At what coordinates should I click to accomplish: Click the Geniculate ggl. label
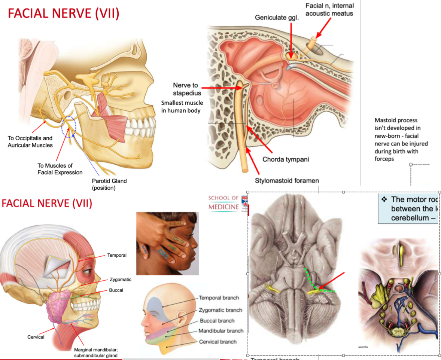point(277,18)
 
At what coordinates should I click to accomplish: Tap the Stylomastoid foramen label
point(287,181)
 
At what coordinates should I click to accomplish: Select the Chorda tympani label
point(286,159)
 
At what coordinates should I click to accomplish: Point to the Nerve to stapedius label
point(185,89)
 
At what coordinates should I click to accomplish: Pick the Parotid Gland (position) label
point(109,184)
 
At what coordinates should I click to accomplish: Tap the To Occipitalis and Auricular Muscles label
point(30,142)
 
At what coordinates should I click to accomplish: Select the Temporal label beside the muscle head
point(117,255)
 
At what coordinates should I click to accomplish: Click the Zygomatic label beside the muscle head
point(121,280)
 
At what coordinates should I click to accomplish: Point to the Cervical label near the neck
point(36,337)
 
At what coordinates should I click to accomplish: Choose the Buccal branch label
point(217,321)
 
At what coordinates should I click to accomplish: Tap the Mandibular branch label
point(221,331)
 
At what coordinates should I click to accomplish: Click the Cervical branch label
point(218,342)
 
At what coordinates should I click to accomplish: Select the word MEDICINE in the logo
point(223,207)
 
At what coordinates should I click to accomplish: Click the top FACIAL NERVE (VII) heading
point(64,14)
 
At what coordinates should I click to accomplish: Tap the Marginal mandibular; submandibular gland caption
point(95,353)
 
